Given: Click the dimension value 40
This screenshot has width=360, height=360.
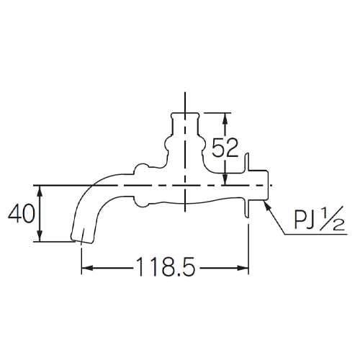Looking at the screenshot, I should click(20, 214).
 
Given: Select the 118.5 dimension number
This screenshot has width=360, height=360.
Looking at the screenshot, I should click(165, 269).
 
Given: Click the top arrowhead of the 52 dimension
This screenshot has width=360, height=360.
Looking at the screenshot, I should click(225, 117).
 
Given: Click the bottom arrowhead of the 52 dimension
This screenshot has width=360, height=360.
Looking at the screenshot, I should click(225, 180).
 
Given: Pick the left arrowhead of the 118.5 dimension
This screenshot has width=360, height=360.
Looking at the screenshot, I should click(84, 269).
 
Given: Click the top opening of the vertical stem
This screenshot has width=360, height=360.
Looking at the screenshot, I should click(186, 113).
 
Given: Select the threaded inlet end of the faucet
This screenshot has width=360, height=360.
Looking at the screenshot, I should click(264, 185).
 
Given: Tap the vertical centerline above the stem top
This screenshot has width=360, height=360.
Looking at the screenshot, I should click(186, 101).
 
